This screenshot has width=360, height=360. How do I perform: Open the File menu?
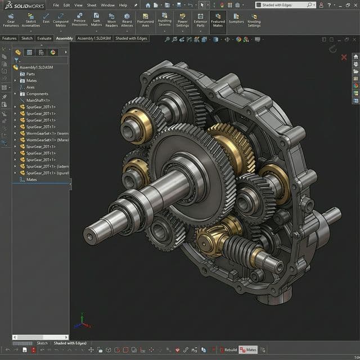coord(56,5)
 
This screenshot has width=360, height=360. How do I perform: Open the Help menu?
coord(123,5)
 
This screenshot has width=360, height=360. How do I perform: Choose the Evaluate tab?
coord(44,38)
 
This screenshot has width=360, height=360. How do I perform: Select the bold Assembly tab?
coord(64,38)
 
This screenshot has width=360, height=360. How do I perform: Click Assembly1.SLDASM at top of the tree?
coord(36,67)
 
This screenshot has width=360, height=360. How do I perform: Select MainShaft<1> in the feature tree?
coord(38,100)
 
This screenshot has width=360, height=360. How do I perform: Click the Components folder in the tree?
coord(37,94)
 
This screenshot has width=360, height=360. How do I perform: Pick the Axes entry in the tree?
coord(30,87)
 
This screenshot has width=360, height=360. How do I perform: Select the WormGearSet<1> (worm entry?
coord(47,133)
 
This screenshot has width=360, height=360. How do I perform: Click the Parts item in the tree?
coord(30,74)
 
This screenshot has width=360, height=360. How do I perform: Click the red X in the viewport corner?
coord(344,57)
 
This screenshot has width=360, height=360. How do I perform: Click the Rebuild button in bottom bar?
coord(228,349)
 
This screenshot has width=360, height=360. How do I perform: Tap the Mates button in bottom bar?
coord(248,349)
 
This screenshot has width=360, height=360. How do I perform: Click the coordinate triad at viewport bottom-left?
coord(83,322)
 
